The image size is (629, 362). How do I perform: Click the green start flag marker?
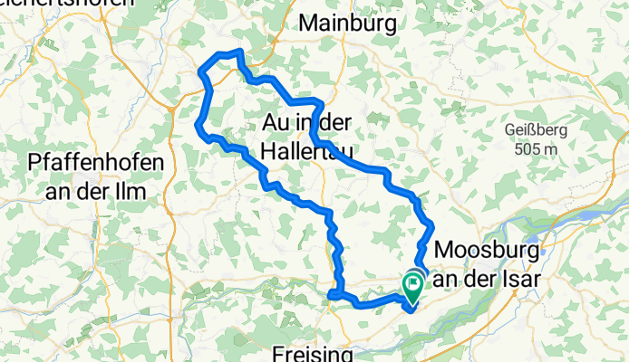412,286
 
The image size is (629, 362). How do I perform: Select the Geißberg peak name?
536,130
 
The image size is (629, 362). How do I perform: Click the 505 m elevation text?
535,148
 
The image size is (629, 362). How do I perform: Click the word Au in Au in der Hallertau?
276,120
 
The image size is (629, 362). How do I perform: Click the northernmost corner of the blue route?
238,52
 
